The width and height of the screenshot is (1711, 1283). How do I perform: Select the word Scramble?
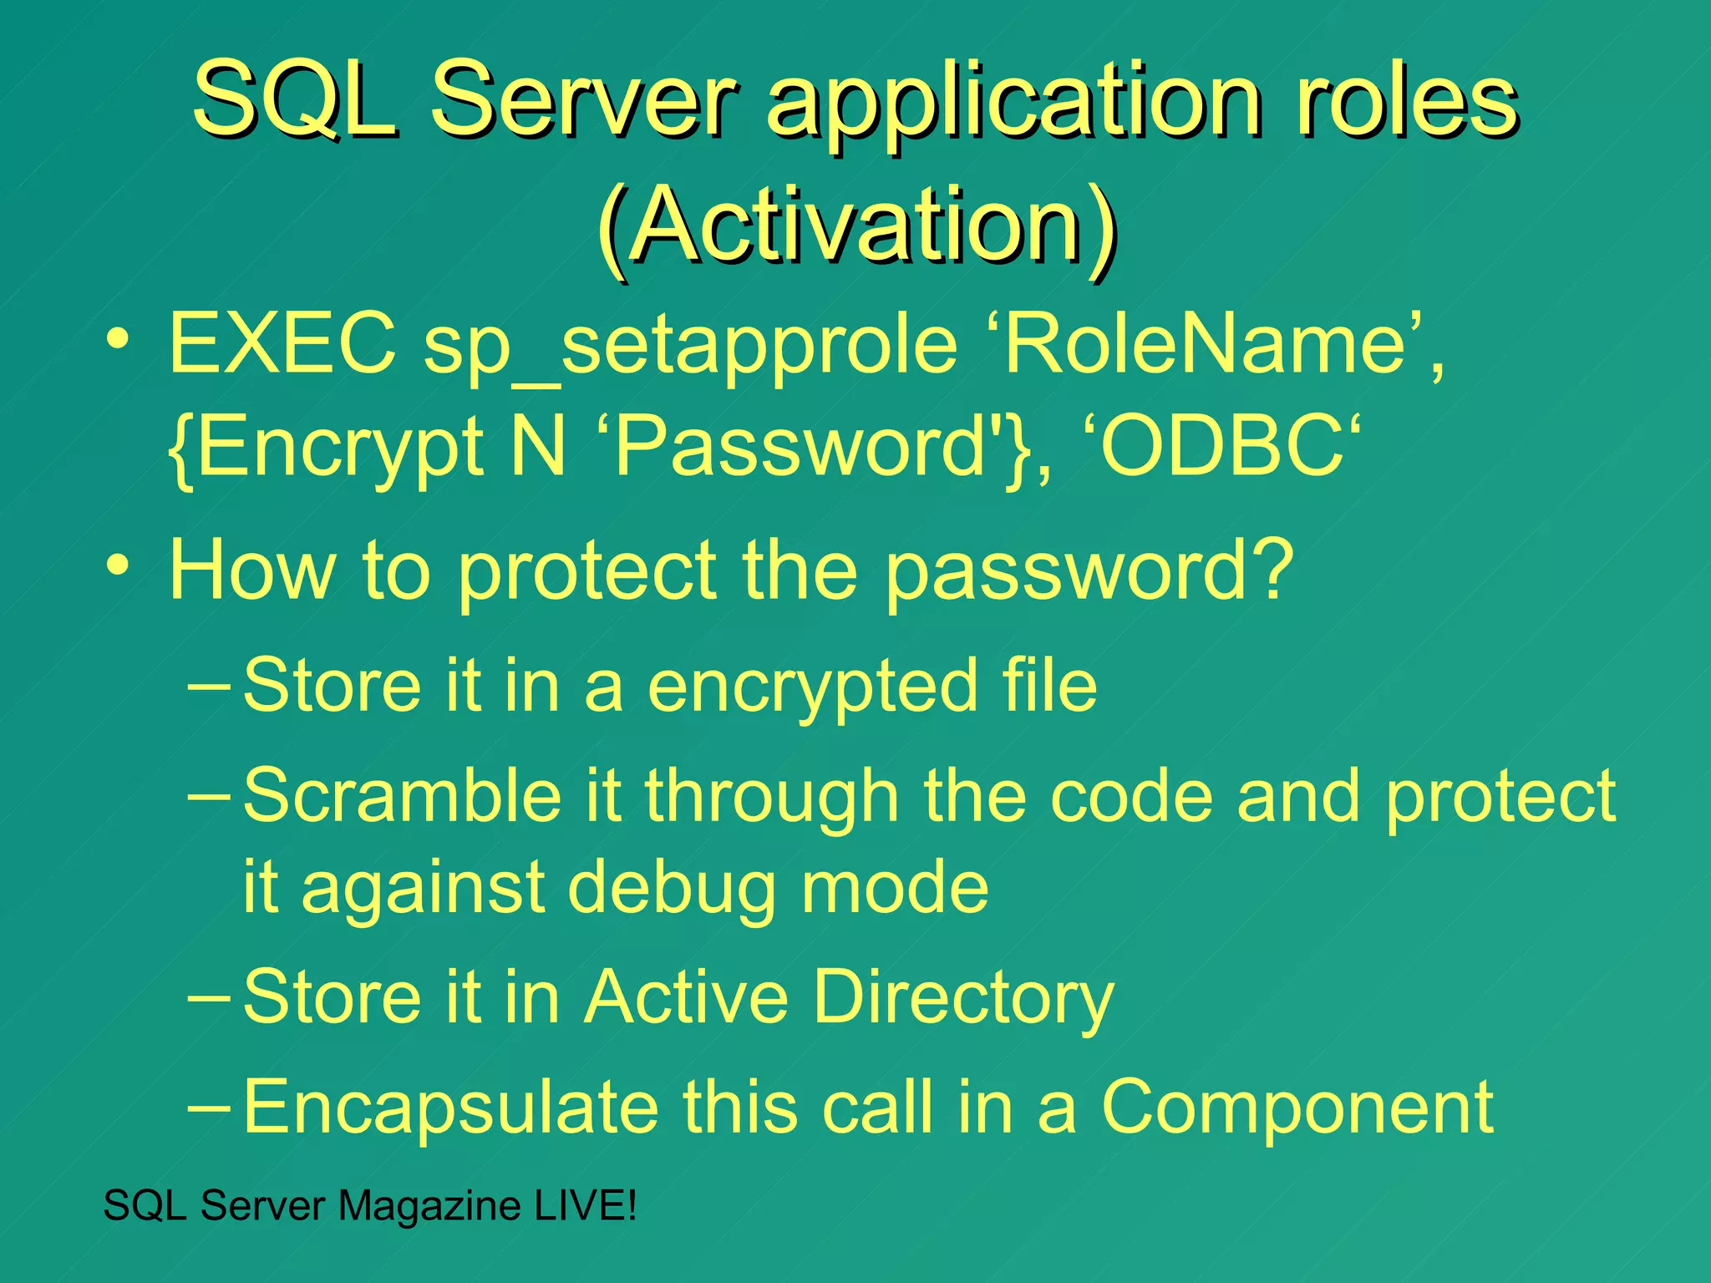[x=402, y=795]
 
